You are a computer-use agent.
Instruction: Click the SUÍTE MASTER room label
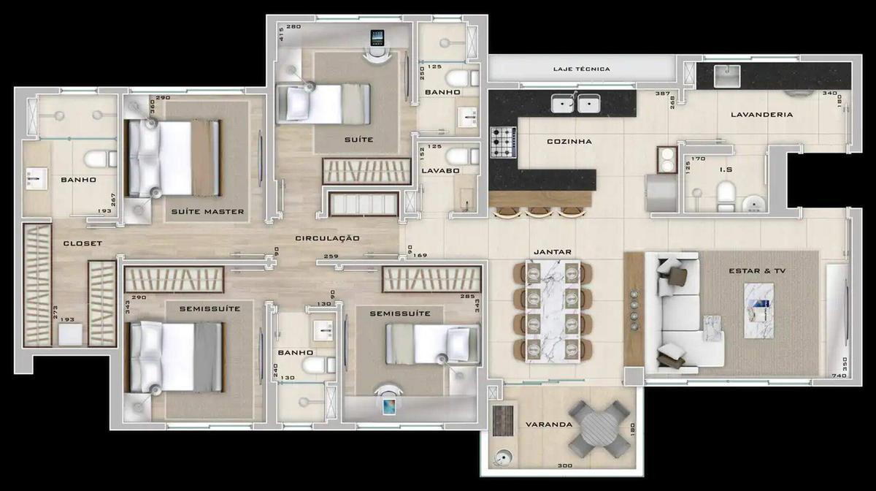pyautogui.click(x=207, y=213)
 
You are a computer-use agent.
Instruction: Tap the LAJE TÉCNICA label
pyautogui.click(x=581, y=69)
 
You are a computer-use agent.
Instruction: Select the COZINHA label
pyautogui.click(x=569, y=142)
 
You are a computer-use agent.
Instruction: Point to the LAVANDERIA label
pyautogui.click(x=761, y=115)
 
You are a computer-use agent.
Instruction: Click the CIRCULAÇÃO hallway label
pyautogui.click(x=328, y=238)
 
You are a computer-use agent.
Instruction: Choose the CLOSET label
pyautogui.click(x=82, y=243)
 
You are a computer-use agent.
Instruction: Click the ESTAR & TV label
pyautogui.click(x=757, y=271)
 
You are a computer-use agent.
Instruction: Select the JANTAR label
pyautogui.click(x=553, y=251)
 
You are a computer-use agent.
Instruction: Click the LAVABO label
pyautogui.click(x=439, y=171)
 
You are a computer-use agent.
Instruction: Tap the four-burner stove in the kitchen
pyautogui.click(x=503, y=142)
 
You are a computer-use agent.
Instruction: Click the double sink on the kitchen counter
pyautogui.click(x=575, y=104)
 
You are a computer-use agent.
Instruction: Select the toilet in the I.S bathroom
pyautogui.click(x=726, y=195)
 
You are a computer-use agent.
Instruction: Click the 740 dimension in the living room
pyautogui.click(x=837, y=375)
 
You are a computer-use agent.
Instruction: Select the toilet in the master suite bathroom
pyautogui.click(x=97, y=158)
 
